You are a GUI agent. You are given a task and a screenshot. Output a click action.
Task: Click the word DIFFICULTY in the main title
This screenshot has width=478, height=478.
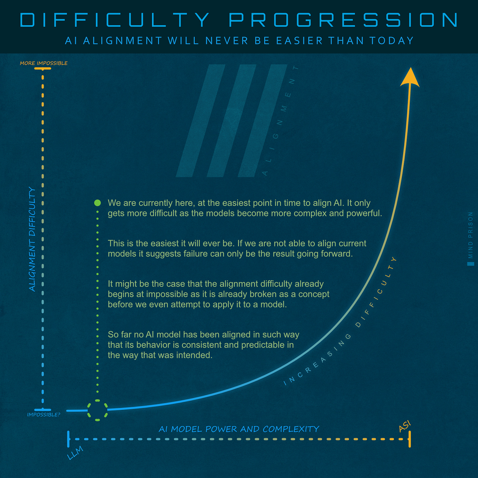pos(115,20)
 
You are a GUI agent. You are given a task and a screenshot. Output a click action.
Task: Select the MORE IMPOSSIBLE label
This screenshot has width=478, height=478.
pos(44,63)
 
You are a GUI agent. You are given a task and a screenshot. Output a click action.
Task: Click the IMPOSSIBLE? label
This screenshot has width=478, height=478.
pos(44,415)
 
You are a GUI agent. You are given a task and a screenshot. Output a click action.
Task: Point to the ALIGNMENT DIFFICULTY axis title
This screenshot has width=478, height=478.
pos(32,239)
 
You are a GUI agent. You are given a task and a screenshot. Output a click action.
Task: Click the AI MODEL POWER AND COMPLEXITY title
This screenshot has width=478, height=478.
pos(239,429)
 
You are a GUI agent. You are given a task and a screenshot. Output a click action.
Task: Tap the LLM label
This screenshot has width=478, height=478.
pos(75,453)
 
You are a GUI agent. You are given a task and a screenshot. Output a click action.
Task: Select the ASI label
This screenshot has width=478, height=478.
pos(404,426)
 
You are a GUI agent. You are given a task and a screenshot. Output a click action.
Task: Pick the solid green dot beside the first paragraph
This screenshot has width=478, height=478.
pos(98,203)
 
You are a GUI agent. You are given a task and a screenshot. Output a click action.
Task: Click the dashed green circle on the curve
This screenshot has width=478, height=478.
pos(98,410)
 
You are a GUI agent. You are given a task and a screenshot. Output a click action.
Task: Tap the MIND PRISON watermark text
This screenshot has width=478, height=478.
pos(471,235)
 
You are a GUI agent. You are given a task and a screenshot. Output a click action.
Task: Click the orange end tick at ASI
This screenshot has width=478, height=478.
pos(410,439)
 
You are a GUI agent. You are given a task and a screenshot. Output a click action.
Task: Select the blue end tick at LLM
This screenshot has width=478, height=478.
pos(68,439)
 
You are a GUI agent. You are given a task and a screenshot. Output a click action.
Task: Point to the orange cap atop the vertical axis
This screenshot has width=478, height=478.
pos(43,68)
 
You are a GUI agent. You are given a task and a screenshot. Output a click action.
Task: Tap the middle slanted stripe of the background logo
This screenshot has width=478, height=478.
pos(231,120)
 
